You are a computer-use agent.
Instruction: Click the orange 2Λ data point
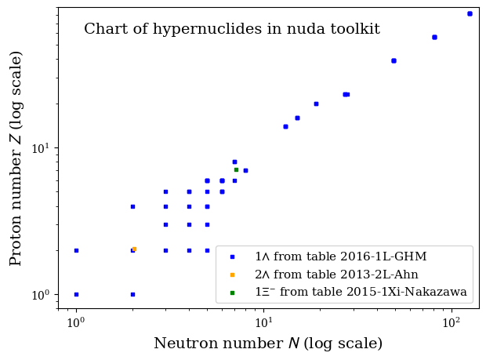[134, 249]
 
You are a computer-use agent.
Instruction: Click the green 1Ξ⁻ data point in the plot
[236, 169]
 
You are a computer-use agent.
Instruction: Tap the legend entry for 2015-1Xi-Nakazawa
[361, 293]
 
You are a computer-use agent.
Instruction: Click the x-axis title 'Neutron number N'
[267, 344]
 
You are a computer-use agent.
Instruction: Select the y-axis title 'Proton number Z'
[16, 158]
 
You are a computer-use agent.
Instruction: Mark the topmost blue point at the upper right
[470, 13]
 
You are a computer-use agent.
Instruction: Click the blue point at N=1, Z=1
[76, 294]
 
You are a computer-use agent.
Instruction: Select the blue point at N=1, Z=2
[76, 250]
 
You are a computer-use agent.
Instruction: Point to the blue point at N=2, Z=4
[132, 206]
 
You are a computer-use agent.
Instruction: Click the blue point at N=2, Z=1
[132, 294]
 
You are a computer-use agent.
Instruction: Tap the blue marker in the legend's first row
[232, 256]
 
